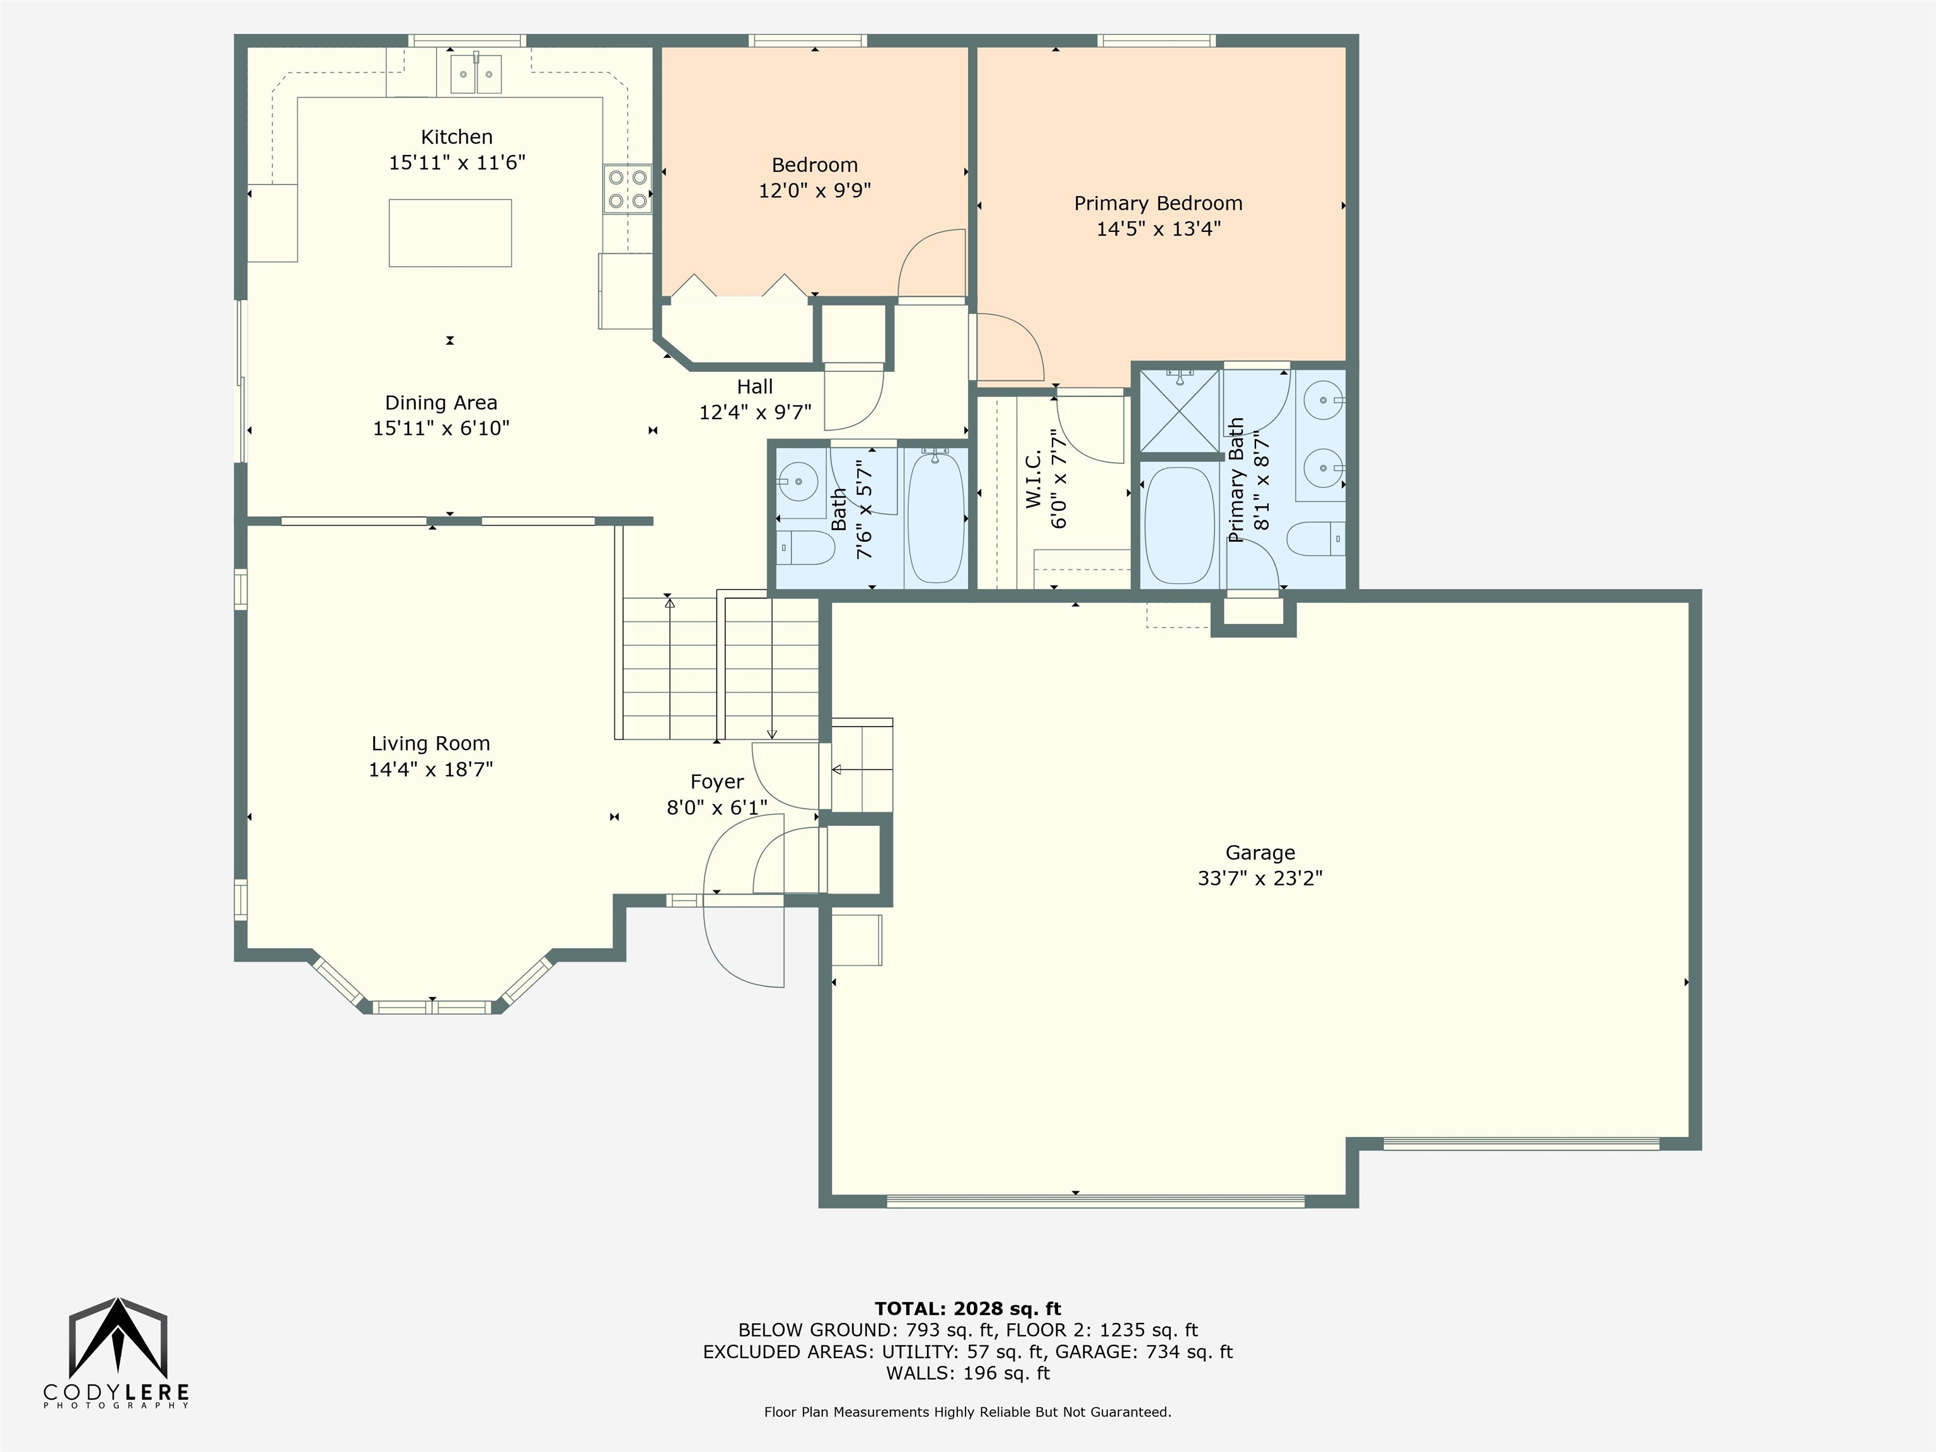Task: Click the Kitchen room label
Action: pyautogui.click(x=457, y=137)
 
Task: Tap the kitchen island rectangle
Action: pyautogui.click(x=450, y=233)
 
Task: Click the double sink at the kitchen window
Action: pyautogui.click(x=477, y=74)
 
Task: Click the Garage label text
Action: pyautogui.click(x=1260, y=853)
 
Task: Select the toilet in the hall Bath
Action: pyautogui.click(x=804, y=548)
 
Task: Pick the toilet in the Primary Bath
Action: pyautogui.click(x=1317, y=538)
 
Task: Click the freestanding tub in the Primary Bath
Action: pyautogui.click(x=1179, y=525)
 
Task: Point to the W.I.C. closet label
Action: pyautogui.click(x=1033, y=479)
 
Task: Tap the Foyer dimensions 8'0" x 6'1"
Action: pyautogui.click(x=717, y=807)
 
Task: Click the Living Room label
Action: pyautogui.click(x=430, y=743)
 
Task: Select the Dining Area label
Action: pyautogui.click(x=441, y=403)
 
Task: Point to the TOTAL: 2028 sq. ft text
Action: pyautogui.click(x=968, y=1308)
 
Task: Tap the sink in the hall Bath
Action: pyautogui.click(x=797, y=481)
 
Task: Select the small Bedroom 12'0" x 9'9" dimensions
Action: pyautogui.click(x=815, y=190)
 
